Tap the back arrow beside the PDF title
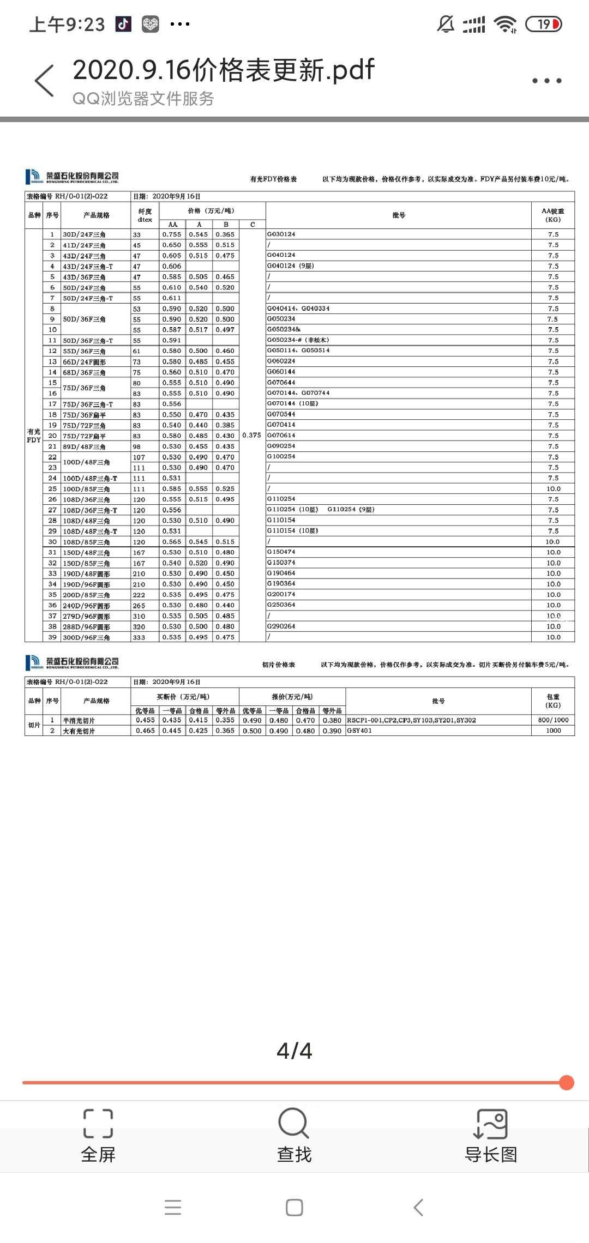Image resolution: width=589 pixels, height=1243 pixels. click(44, 81)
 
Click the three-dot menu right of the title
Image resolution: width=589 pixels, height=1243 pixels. click(546, 81)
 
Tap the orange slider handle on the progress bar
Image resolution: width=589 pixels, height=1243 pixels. click(567, 1083)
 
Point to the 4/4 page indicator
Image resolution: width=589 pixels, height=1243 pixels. click(294, 1051)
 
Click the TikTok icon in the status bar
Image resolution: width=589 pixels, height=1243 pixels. click(123, 24)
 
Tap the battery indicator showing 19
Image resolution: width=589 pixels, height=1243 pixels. click(543, 24)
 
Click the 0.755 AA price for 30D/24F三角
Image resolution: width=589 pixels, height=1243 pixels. click(172, 234)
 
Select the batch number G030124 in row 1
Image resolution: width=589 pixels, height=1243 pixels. click(281, 234)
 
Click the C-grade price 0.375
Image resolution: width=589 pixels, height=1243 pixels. click(251, 435)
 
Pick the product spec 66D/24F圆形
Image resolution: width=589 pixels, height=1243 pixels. click(84, 362)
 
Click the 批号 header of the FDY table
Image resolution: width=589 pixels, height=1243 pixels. click(399, 215)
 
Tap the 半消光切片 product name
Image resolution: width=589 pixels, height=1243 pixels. click(79, 721)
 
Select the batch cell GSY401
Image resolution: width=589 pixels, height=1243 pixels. click(359, 731)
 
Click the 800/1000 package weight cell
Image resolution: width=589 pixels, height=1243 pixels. click(553, 720)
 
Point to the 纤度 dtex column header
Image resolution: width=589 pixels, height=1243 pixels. click(145, 215)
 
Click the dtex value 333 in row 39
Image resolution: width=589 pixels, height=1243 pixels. click(139, 637)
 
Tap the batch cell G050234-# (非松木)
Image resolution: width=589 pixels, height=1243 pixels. click(298, 340)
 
